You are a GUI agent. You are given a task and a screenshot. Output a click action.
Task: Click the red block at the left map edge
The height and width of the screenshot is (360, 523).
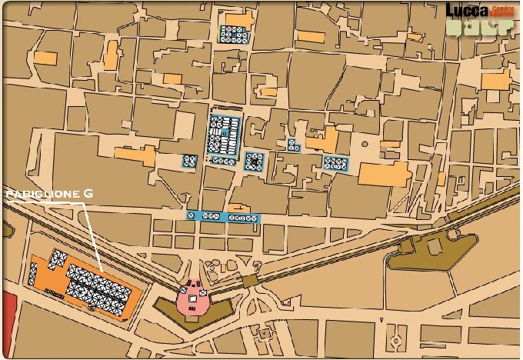click(8, 315)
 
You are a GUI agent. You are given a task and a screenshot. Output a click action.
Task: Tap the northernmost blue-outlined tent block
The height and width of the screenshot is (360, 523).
click(233, 34)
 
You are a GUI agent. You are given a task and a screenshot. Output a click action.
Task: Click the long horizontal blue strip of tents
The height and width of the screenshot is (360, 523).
click(223, 217)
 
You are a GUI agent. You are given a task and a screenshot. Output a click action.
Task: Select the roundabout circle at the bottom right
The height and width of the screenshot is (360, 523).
click(395, 338)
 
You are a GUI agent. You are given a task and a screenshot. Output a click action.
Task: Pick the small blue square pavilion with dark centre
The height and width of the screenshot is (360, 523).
click(254, 162)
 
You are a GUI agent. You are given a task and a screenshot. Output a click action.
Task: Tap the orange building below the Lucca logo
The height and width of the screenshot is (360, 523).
click(496, 81)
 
